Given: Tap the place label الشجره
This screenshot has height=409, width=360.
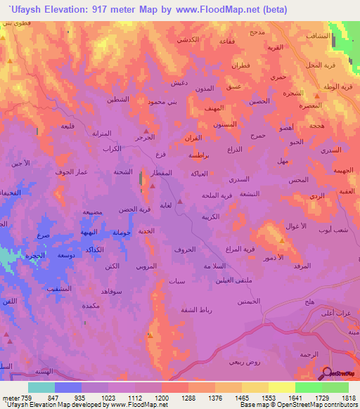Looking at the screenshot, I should click(294, 93).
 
